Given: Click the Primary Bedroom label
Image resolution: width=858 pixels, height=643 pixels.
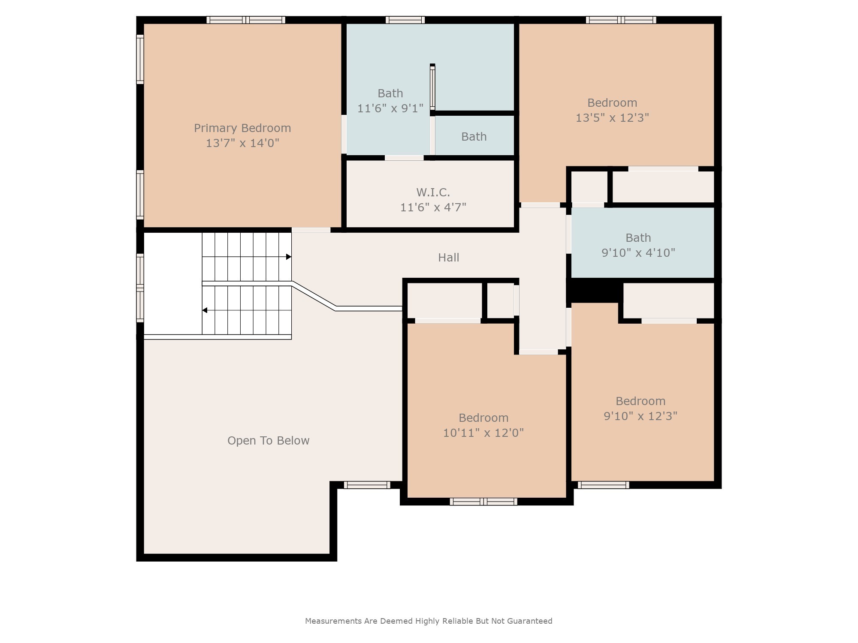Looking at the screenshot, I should click(242, 128).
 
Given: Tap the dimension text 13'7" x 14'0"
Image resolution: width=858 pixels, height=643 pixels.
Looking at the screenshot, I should click(242, 143).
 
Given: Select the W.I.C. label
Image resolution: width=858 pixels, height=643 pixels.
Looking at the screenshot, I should click(433, 192).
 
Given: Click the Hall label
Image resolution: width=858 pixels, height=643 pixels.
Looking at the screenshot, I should click(448, 258).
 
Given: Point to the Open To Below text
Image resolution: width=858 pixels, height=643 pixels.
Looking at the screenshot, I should click(268, 441).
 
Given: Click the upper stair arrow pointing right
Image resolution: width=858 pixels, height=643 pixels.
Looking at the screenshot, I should click(289, 257).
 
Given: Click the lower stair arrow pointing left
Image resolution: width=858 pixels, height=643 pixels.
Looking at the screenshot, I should click(205, 310).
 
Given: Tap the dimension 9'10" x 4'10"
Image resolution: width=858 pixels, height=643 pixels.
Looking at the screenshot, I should click(638, 253).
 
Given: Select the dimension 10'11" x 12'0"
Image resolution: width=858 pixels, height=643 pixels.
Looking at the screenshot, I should click(483, 433).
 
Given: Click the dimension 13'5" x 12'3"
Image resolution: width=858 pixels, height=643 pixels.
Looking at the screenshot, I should click(612, 118).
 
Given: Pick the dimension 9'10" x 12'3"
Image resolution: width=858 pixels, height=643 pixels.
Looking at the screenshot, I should click(640, 416).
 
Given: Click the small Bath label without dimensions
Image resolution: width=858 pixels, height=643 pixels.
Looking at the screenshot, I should click(474, 137).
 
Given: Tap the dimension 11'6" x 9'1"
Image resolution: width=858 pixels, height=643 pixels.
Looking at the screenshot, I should click(390, 108).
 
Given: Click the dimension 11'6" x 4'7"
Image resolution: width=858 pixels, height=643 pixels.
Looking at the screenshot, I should click(433, 207).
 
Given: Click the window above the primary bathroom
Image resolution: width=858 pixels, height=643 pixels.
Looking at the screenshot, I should click(405, 20).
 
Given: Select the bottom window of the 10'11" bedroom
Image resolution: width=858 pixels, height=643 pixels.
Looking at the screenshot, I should click(483, 502).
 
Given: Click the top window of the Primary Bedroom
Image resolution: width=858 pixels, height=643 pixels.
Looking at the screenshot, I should click(246, 20).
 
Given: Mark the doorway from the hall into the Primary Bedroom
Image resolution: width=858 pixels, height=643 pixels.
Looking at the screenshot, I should click(311, 230).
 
